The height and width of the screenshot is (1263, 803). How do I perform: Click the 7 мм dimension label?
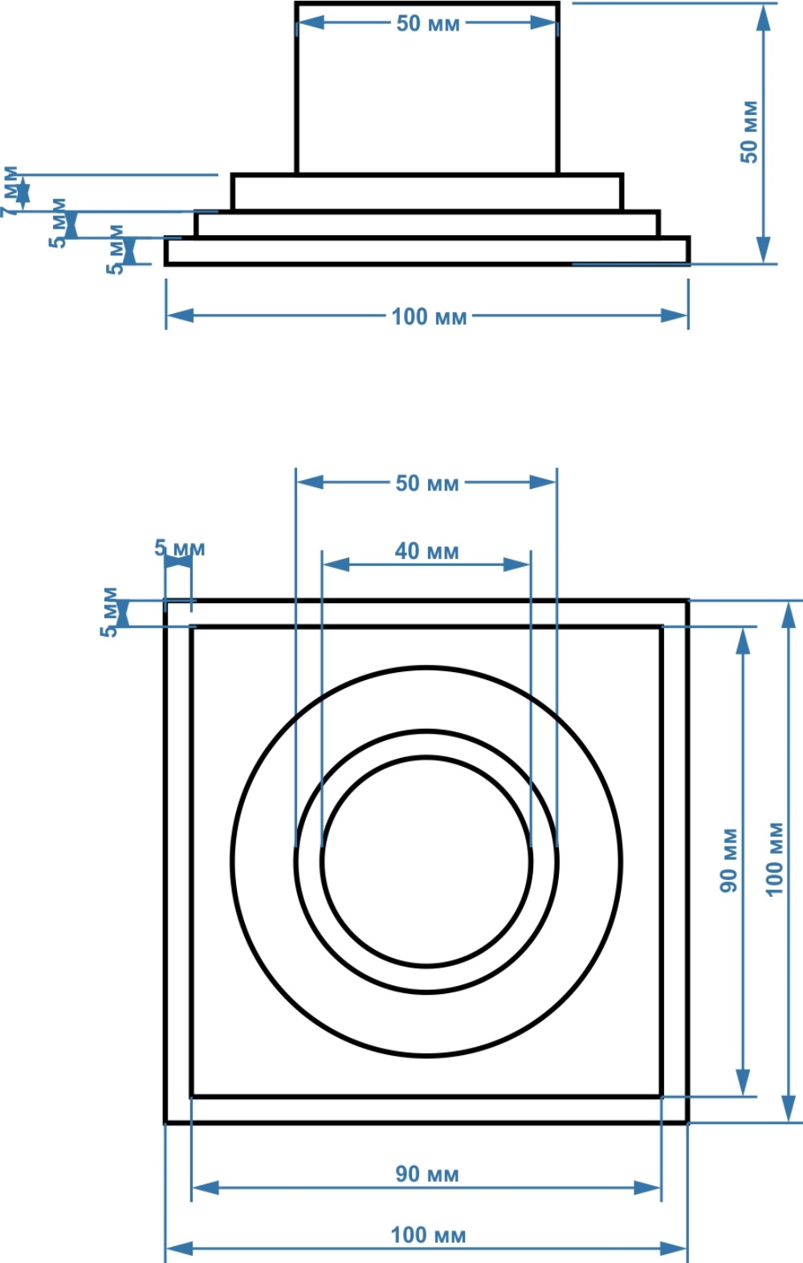pyautogui.click(x=10, y=192)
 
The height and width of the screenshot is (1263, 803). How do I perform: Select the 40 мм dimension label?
pyautogui.click(x=427, y=551)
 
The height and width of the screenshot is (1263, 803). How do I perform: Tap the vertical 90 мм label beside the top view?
pyautogui.click(x=728, y=861)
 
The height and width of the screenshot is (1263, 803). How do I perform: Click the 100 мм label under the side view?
pyautogui.click(x=429, y=316)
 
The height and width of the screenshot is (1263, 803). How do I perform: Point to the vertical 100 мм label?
pyautogui.click(x=775, y=859)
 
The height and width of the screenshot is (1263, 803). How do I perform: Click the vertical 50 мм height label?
pyautogui.click(x=749, y=132)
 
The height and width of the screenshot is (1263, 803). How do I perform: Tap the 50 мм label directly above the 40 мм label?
pyautogui.click(x=427, y=483)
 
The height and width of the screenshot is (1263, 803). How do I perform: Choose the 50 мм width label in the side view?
pyautogui.click(x=428, y=23)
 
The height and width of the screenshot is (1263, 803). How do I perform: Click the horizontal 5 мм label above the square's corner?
pyautogui.click(x=179, y=548)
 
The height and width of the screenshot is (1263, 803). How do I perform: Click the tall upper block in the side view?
pyautogui.click(x=427, y=88)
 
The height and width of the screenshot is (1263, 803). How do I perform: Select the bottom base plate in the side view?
pyautogui.click(x=427, y=251)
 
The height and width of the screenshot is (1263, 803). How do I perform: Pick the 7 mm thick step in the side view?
pyautogui.click(x=427, y=193)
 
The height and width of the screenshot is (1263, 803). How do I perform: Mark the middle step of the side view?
pyautogui.click(x=427, y=224)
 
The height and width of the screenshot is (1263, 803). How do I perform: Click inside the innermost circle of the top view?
pyautogui.click(x=427, y=862)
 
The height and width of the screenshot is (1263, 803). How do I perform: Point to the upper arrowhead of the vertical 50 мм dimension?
pyautogui.click(x=763, y=18)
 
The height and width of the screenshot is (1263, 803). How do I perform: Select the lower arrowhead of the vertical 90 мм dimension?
pyautogui.click(x=744, y=1082)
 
